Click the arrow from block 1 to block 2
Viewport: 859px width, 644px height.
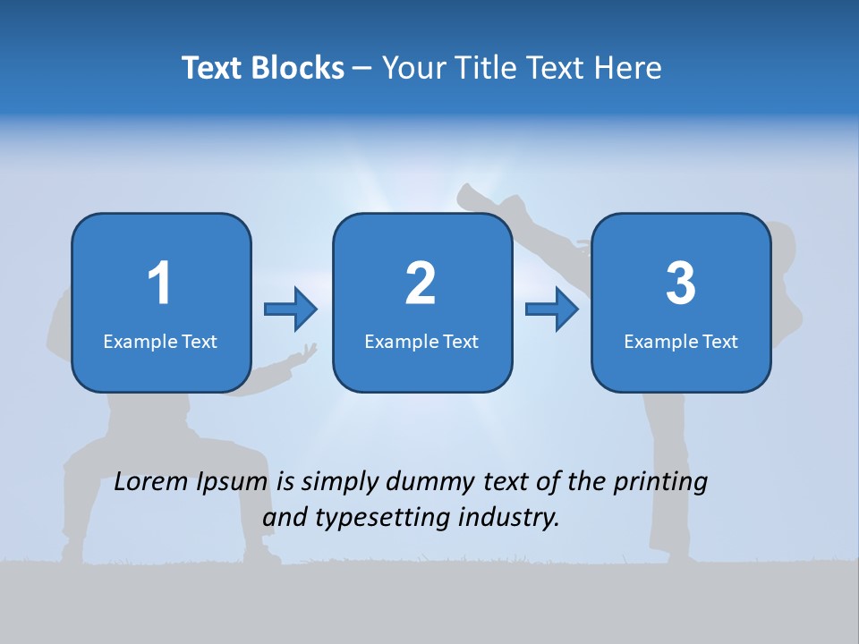click(x=291, y=309)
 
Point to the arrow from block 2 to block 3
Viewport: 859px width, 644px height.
click(x=552, y=309)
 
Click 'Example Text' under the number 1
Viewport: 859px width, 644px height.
click(x=160, y=341)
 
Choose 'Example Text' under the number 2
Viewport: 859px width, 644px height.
click(x=421, y=341)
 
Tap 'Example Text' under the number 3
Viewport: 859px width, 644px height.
click(x=681, y=341)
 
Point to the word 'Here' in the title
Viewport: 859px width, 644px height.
click(x=631, y=68)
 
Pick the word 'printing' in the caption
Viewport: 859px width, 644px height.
click(x=660, y=482)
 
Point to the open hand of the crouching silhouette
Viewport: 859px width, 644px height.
click(x=302, y=356)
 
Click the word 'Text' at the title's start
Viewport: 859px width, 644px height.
click(x=212, y=68)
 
